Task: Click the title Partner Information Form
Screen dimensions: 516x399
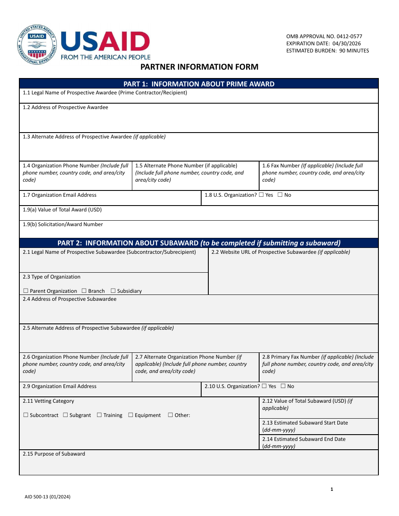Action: point(199,67)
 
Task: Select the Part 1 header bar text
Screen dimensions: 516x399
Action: point(199,84)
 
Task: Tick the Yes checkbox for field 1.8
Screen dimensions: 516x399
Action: point(261,195)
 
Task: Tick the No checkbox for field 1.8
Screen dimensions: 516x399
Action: point(280,195)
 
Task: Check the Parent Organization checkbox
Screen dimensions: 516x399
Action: point(26,291)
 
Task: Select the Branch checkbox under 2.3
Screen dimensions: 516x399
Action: point(84,291)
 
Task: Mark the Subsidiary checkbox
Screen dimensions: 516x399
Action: point(113,291)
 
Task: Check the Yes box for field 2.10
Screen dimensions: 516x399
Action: point(264,386)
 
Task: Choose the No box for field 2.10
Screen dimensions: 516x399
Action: point(283,386)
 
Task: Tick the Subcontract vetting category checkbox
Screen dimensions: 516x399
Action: point(26,415)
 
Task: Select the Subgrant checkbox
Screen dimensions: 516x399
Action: point(66,415)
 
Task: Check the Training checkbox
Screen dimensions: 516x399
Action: point(100,415)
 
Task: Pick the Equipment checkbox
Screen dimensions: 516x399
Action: point(131,415)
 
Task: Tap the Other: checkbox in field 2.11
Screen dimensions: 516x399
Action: point(171,415)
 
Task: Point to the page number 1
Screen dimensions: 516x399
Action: point(332,489)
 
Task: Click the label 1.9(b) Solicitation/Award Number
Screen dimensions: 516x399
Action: point(63,224)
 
